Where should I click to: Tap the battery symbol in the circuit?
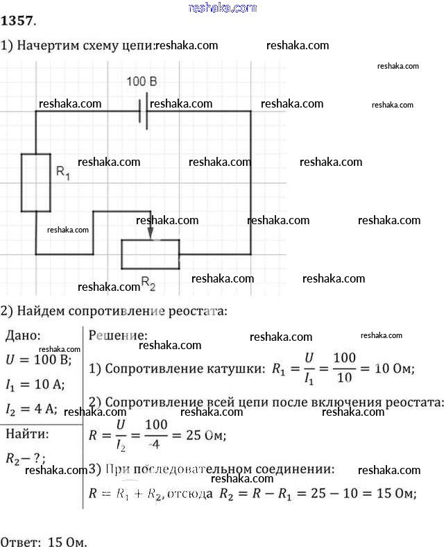click(x=143, y=112)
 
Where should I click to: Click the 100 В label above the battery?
click(x=142, y=82)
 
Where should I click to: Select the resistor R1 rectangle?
click(x=35, y=183)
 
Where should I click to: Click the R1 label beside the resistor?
click(x=62, y=173)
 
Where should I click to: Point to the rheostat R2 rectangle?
click(x=151, y=254)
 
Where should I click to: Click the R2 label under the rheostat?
click(x=148, y=283)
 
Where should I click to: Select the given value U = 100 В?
click(x=39, y=360)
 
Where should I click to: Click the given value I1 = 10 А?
click(x=34, y=385)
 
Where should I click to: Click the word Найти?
click(x=27, y=435)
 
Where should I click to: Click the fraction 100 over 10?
click(x=344, y=368)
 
